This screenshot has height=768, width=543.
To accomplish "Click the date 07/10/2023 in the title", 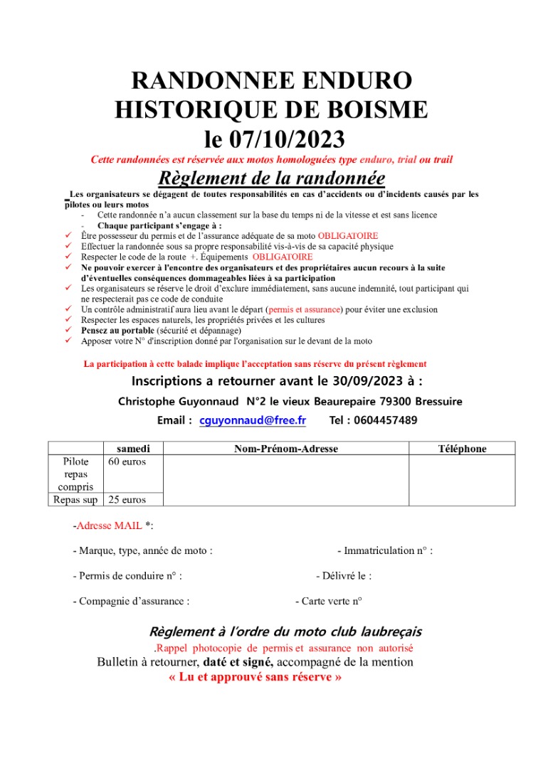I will click(x=295, y=137).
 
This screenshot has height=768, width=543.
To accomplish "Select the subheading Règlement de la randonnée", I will click(x=271, y=177).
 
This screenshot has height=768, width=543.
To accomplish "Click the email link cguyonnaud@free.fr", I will click(x=253, y=420).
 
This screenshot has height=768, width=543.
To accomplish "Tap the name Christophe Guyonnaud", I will click(x=179, y=401).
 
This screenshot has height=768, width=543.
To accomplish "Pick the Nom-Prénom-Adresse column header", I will click(x=286, y=448).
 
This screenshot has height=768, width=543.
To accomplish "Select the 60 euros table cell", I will click(x=127, y=462).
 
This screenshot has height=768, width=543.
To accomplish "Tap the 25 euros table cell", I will click(x=127, y=499).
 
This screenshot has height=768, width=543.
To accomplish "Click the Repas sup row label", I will click(x=75, y=499).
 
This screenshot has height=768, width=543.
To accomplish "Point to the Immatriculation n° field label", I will click(x=384, y=550).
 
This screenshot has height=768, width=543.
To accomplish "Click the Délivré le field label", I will click(x=343, y=576).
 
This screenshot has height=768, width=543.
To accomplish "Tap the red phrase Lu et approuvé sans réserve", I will click(x=255, y=677).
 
